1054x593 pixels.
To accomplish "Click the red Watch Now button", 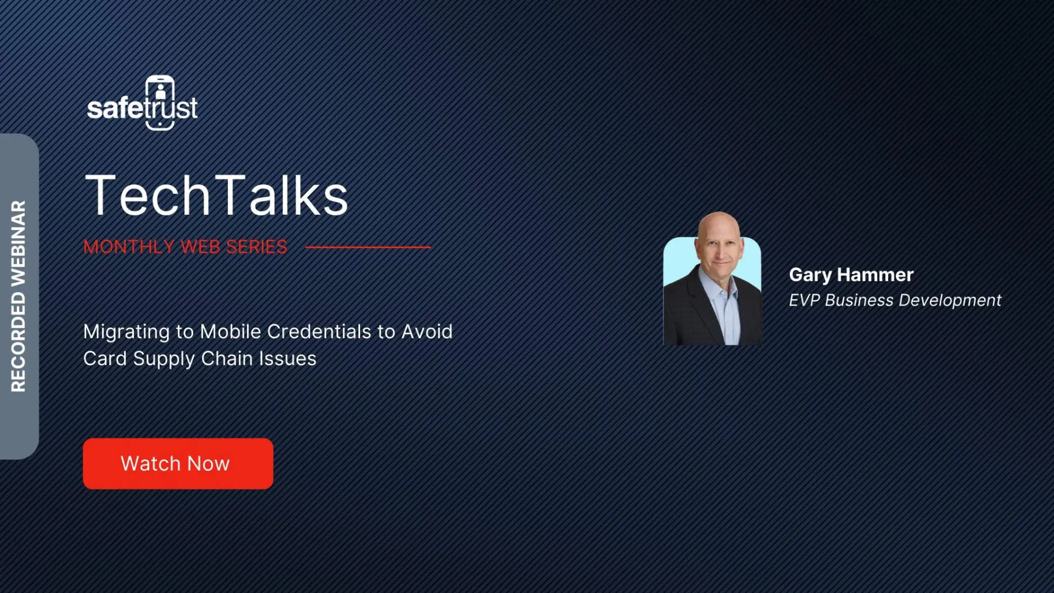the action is tap(178, 464).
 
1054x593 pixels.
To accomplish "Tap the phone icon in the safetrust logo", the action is tap(160, 102).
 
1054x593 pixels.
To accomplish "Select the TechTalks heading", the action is tap(217, 195).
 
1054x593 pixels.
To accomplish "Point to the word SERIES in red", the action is tap(256, 247).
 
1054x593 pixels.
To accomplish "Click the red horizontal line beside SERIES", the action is tap(368, 248).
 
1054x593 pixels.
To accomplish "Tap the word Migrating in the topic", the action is tap(126, 332).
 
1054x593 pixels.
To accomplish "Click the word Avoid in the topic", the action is tap(427, 331).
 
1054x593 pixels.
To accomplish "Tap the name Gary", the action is tap(810, 275).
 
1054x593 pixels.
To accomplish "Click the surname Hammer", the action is tap(875, 275).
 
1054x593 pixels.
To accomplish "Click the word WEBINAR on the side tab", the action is tap(19, 243).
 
